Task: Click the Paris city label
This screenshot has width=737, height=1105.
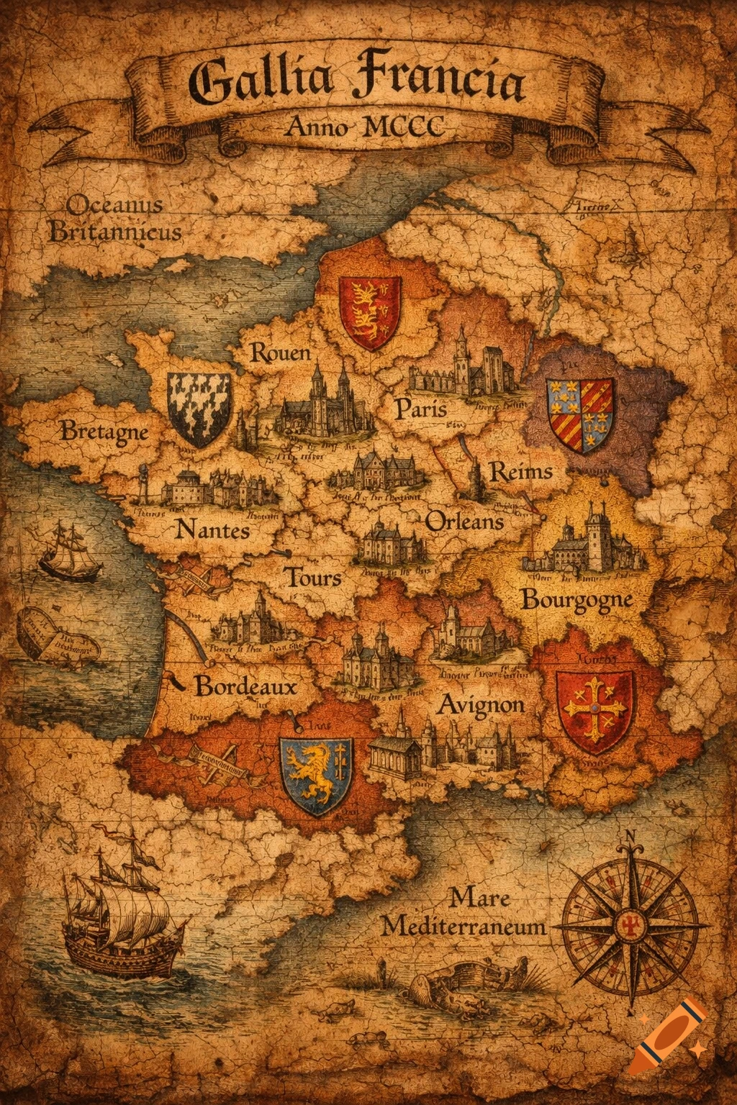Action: click(x=421, y=409)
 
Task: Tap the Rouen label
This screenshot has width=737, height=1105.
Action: click(x=280, y=353)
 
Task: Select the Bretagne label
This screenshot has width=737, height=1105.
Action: click(x=104, y=432)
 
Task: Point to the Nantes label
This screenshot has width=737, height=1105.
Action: click(x=213, y=531)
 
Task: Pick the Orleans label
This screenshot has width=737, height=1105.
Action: click(x=464, y=521)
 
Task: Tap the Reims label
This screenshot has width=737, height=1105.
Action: click(x=521, y=473)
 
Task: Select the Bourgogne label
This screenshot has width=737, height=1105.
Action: click(x=577, y=599)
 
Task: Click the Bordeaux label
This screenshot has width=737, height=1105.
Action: click(x=245, y=686)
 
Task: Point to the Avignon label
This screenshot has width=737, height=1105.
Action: click(x=481, y=704)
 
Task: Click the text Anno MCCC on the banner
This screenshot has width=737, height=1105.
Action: click(x=364, y=127)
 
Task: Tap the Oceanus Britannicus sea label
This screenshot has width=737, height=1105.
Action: click(x=115, y=219)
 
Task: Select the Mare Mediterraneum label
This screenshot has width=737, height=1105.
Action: click(x=464, y=912)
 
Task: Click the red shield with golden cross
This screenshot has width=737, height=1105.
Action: click(x=595, y=709)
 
